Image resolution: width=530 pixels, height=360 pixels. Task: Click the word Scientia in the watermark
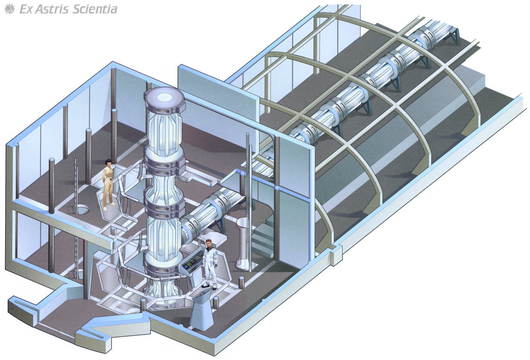(x=94, y=9)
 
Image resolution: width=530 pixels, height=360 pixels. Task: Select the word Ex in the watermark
(x=26, y=9)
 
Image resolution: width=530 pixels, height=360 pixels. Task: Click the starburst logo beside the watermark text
(x=9, y=9)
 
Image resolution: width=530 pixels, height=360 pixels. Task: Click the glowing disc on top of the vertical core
(x=164, y=97)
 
